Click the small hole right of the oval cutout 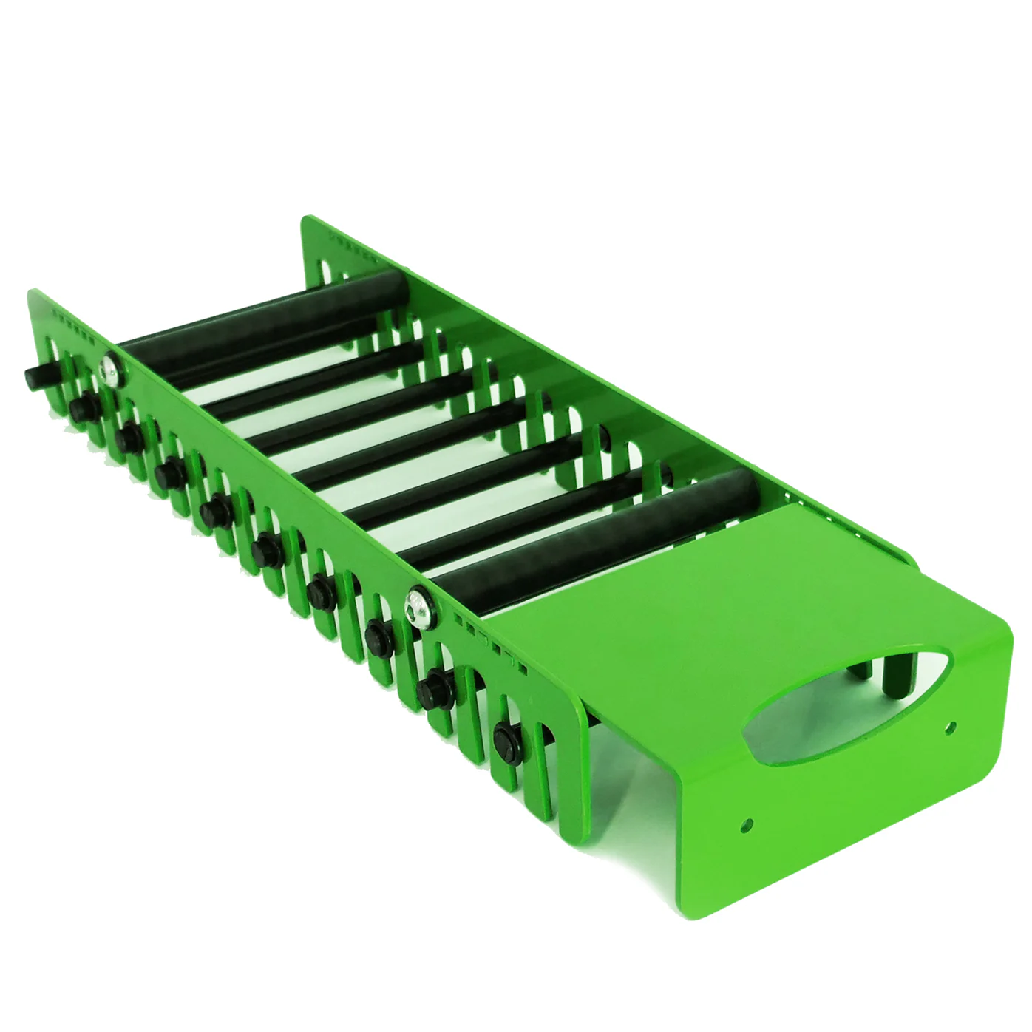(x=951, y=726)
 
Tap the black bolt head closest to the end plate (x=507, y=735)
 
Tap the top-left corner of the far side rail (x=305, y=220)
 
